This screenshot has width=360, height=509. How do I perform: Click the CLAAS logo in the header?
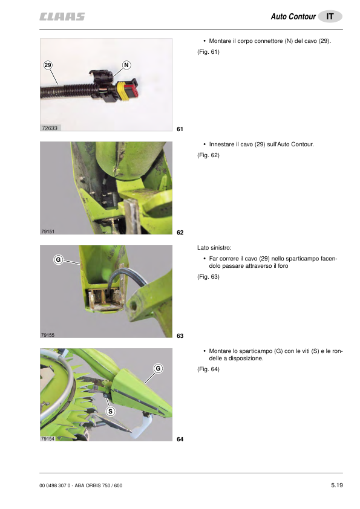[x=62, y=16]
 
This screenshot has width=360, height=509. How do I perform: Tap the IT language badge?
[x=330, y=16]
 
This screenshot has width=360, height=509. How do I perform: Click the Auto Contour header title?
[x=293, y=16]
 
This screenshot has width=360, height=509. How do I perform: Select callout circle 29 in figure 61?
[x=48, y=65]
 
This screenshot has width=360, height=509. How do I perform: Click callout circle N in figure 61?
[x=126, y=65]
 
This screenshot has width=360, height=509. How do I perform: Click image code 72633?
[x=50, y=128]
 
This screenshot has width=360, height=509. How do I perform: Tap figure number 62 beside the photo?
[x=180, y=232]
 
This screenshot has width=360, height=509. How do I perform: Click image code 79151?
[x=48, y=232]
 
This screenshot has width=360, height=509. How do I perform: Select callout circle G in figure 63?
[x=58, y=260]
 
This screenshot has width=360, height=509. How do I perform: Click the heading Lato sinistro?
[x=214, y=248]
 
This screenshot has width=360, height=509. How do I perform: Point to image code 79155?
[x=48, y=335]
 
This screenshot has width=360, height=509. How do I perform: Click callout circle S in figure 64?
[x=111, y=412]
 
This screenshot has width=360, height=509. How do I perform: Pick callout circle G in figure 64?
[x=158, y=369]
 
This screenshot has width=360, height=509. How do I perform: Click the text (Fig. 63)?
[x=208, y=277]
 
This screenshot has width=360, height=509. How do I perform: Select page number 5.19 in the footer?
[x=337, y=485]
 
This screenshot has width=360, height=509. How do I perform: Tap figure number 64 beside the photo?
[x=180, y=439]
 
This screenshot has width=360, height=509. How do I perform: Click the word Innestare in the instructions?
[x=221, y=144]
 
